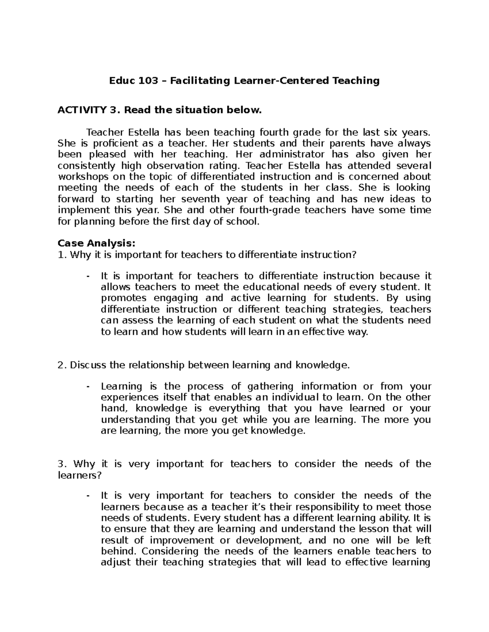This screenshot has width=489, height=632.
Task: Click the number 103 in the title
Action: (x=148, y=81)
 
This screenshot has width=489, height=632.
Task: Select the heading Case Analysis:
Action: (x=96, y=243)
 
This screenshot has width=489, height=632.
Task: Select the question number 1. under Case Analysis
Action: (x=62, y=255)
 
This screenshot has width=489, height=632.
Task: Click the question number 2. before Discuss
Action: (x=62, y=365)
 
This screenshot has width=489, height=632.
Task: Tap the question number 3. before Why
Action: (x=62, y=464)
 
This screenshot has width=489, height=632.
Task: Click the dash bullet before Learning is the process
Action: (x=88, y=386)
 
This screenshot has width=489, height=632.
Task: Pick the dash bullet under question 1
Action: (x=88, y=276)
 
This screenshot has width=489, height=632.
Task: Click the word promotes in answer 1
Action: (x=120, y=298)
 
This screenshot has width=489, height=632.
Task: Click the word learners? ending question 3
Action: (x=79, y=475)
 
